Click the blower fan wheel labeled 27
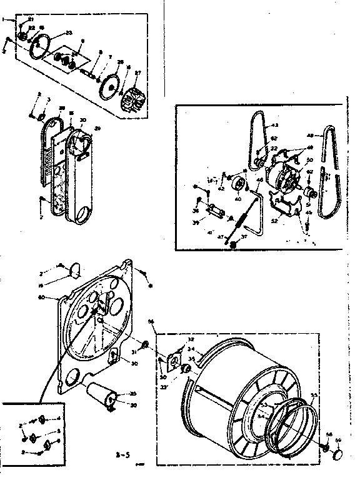[134, 100]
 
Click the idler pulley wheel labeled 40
[237, 186]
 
